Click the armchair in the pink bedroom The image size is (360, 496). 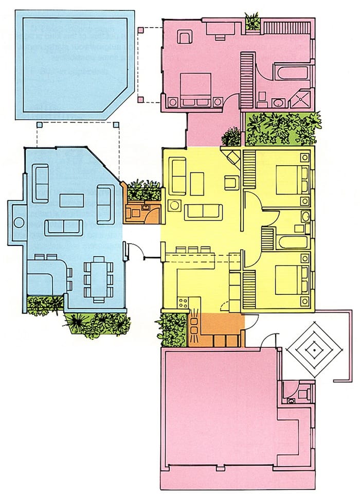[x=184, y=37]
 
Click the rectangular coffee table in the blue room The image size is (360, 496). [x=72, y=200]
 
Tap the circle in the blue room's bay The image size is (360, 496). [x=19, y=223]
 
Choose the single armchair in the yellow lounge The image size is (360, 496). [x=231, y=182]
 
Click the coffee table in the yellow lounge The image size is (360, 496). [x=197, y=184]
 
